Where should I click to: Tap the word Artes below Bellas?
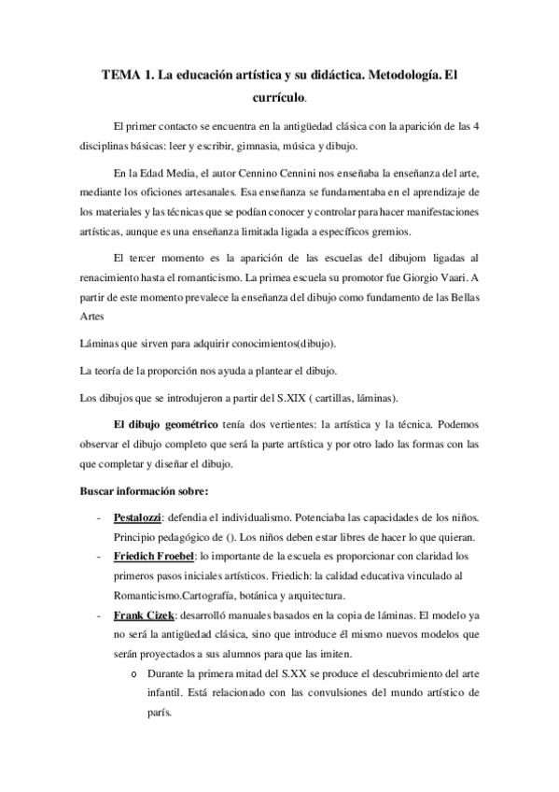tap(91, 317)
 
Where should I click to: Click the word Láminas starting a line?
tap(102, 344)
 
